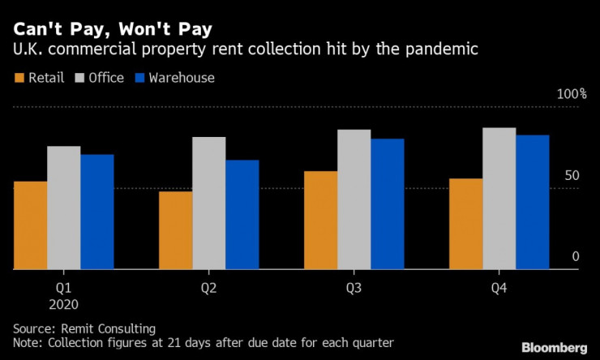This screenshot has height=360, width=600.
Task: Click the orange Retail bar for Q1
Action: pos(30,225)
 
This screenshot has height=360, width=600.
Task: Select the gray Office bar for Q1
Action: pos(63,208)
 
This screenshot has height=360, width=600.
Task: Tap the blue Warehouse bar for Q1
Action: pos(96,212)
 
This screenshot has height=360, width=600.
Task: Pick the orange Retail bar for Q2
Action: pos(175,229)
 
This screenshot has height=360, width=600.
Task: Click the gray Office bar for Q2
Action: pos(208,203)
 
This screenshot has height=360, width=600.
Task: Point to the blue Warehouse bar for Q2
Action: pos(242,214)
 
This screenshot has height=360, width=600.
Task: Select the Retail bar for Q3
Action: pos(320,220)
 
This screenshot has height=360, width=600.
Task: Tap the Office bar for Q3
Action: pos(354,199)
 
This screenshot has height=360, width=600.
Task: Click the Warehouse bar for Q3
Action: pos(387,204)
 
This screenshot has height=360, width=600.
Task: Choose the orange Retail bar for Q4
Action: pos(465,223)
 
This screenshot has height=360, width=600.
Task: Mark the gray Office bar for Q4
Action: pos(499,198)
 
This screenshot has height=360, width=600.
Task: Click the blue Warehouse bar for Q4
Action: pos(532,202)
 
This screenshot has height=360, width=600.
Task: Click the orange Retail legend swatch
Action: pos(19,79)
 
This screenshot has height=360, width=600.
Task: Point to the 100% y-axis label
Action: pos(571,95)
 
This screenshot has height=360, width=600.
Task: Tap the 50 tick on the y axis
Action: pos(572,176)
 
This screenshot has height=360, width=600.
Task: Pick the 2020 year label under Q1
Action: pos(63,304)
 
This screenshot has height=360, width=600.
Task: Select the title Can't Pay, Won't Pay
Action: pos(113,30)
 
